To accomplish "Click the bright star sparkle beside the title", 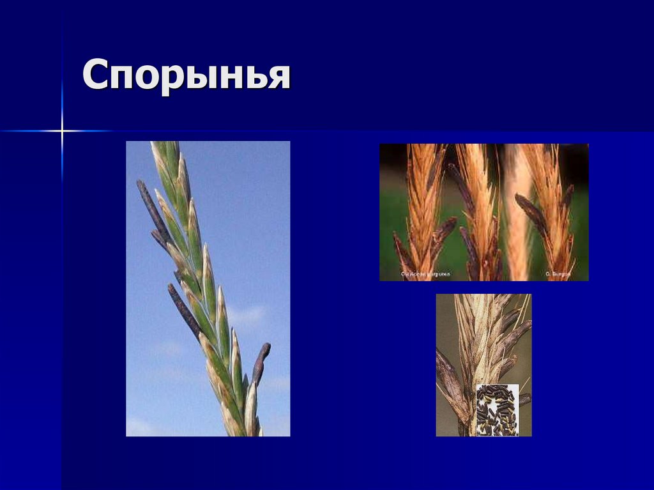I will click(62, 131).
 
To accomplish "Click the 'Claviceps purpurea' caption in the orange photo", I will click(425, 275).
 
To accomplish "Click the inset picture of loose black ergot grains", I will click(497, 410).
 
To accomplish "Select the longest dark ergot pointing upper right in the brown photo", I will click(516, 335).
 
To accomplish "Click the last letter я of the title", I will click(278, 77).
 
